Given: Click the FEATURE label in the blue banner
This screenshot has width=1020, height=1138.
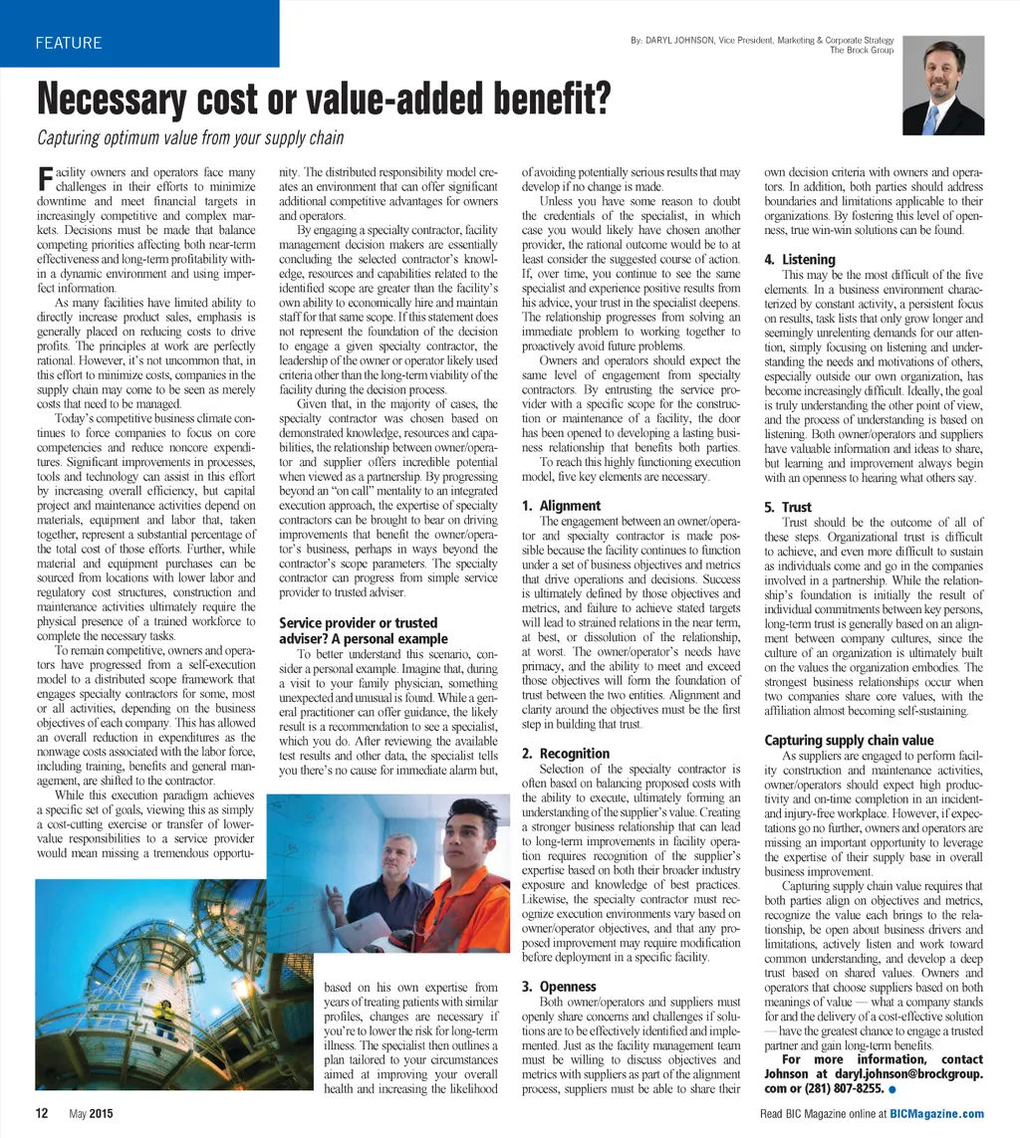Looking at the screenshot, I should tap(69, 43).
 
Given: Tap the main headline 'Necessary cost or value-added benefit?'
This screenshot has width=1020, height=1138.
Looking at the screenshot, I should tap(324, 100).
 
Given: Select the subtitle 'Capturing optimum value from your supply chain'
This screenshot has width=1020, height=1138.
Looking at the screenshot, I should tap(190, 138).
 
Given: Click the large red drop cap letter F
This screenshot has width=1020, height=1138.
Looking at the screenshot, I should tap(44, 180).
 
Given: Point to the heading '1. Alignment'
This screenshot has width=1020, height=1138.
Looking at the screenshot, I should tap(562, 506).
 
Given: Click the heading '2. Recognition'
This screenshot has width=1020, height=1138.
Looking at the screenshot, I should tap(566, 754).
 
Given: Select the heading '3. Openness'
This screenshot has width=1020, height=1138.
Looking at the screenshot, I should tap(559, 987).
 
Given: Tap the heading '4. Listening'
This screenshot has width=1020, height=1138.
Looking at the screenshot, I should tap(800, 260).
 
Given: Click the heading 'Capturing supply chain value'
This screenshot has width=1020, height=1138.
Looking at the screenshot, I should tap(849, 740).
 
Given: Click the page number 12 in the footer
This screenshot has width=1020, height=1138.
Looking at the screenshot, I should tap(43, 1113).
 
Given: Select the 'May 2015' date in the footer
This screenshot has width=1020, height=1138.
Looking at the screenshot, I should tap(91, 1114).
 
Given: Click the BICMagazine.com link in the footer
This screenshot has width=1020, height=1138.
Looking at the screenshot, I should tap(936, 1114).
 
